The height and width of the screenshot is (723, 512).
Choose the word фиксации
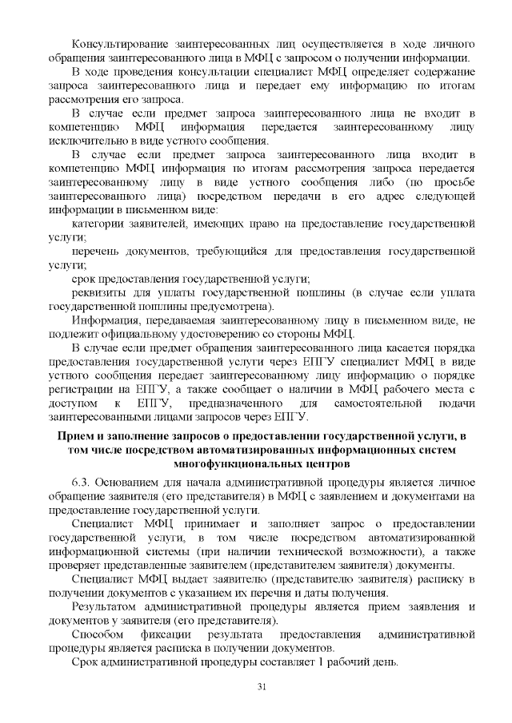(178, 634)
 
